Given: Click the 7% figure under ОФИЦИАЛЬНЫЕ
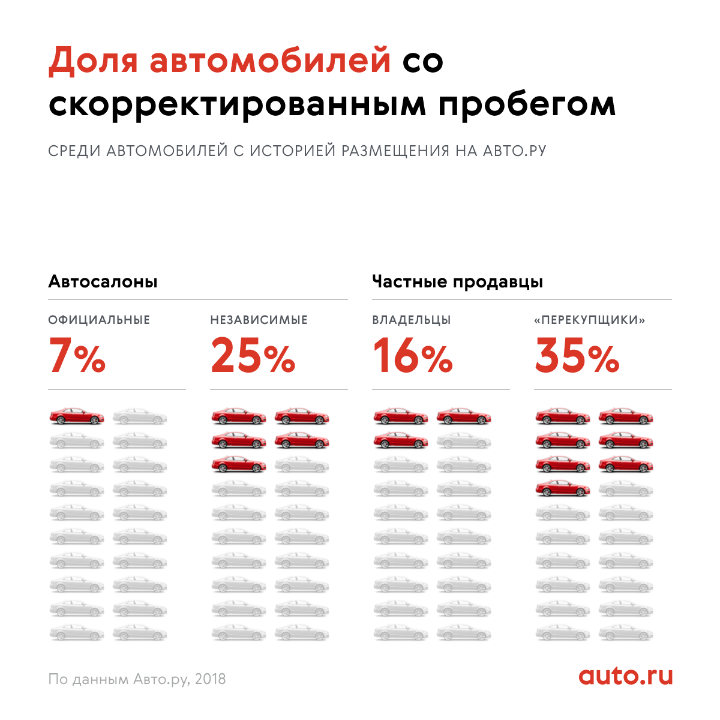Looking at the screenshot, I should pyautogui.click(x=77, y=356).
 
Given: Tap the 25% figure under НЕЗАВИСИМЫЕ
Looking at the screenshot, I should pyautogui.click(x=253, y=356).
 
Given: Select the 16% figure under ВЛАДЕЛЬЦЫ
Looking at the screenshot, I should pyautogui.click(x=412, y=356).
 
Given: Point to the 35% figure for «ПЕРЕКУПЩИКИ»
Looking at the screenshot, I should pyautogui.click(x=577, y=356).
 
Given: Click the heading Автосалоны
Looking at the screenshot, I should pyautogui.click(x=103, y=281).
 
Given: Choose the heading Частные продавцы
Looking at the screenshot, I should pyautogui.click(x=457, y=281).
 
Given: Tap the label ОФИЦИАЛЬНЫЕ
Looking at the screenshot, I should pyautogui.click(x=99, y=320).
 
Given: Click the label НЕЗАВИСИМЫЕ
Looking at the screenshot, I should pyautogui.click(x=259, y=320).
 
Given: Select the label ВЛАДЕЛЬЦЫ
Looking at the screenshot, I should pyautogui.click(x=411, y=320).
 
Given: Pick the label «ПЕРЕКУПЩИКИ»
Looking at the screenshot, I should pyautogui.click(x=589, y=320).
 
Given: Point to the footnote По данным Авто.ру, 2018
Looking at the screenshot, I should pyautogui.click(x=137, y=679).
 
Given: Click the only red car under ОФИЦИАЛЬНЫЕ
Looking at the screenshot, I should pyautogui.click(x=76, y=416).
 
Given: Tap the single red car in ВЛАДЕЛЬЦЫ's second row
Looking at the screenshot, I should pyautogui.click(x=400, y=440).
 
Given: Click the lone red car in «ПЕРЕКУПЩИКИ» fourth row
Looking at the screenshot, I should pyautogui.click(x=562, y=489).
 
